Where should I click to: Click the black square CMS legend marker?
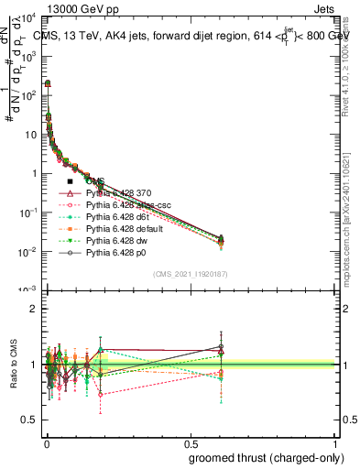point(71,182)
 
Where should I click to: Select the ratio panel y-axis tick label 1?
point(34,365)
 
